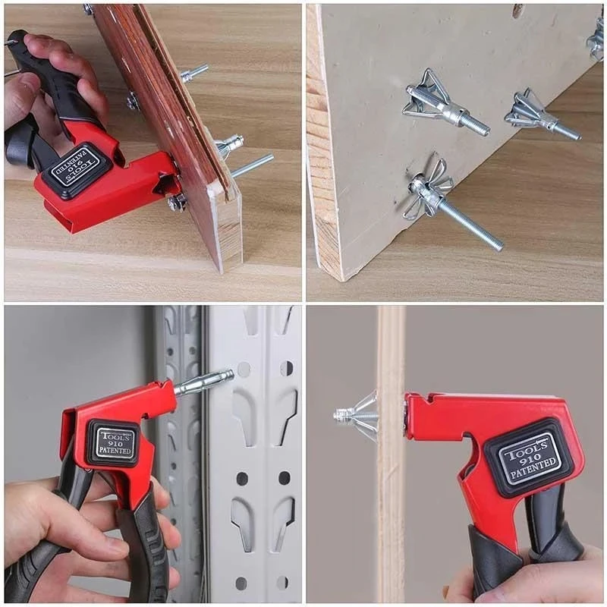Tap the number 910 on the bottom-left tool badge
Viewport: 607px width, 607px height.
coord(112,443)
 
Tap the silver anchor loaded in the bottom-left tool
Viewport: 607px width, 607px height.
coord(203,382)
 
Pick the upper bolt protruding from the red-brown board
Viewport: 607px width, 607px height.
coord(193,73)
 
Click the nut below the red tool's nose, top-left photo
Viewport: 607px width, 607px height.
coord(178,203)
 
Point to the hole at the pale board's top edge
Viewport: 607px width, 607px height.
coord(518,11)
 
